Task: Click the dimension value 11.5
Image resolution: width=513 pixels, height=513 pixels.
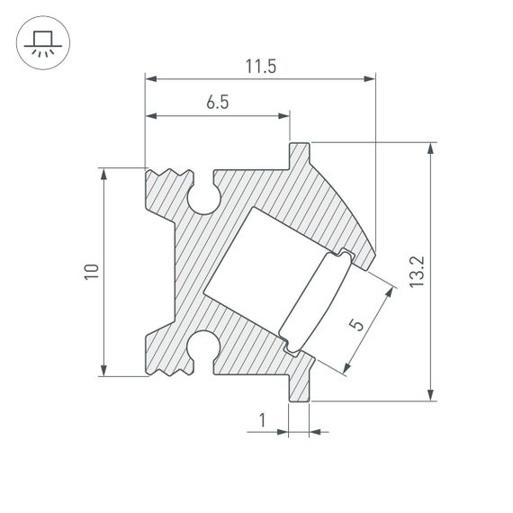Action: pyautogui.click(x=260, y=67)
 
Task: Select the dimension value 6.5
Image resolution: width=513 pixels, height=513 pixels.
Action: pyautogui.click(x=217, y=103)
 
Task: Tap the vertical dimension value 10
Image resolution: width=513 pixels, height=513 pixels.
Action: pyautogui.click(x=90, y=272)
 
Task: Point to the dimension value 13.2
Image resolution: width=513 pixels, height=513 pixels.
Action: pyautogui.click(x=415, y=271)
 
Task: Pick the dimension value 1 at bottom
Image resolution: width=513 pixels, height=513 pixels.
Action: pyautogui.click(x=262, y=419)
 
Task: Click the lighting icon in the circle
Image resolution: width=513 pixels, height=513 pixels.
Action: pyautogui.click(x=40, y=41)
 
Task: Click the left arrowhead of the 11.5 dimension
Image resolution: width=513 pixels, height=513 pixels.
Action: pyautogui.click(x=151, y=79)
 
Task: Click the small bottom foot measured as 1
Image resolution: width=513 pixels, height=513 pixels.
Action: pyautogui.click(x=299, y=387)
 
